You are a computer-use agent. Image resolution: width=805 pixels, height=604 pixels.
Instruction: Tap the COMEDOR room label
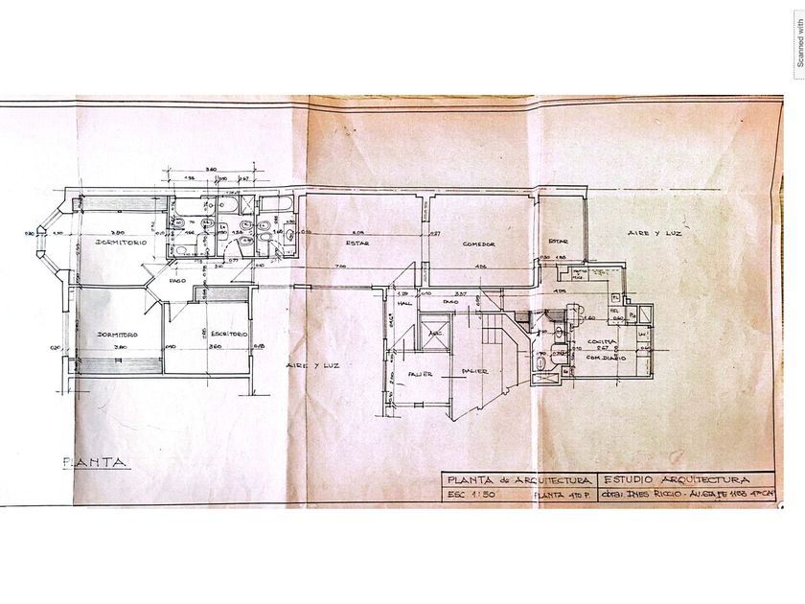pos(478,244)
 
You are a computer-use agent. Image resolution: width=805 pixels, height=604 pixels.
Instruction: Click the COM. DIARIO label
pos(608,357)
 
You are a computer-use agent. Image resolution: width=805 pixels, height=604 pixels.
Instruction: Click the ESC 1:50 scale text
pos(469,495)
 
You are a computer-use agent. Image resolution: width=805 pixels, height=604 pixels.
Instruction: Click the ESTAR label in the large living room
pos(357,244)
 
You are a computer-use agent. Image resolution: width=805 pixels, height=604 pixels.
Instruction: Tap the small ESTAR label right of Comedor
pos(558,241)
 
